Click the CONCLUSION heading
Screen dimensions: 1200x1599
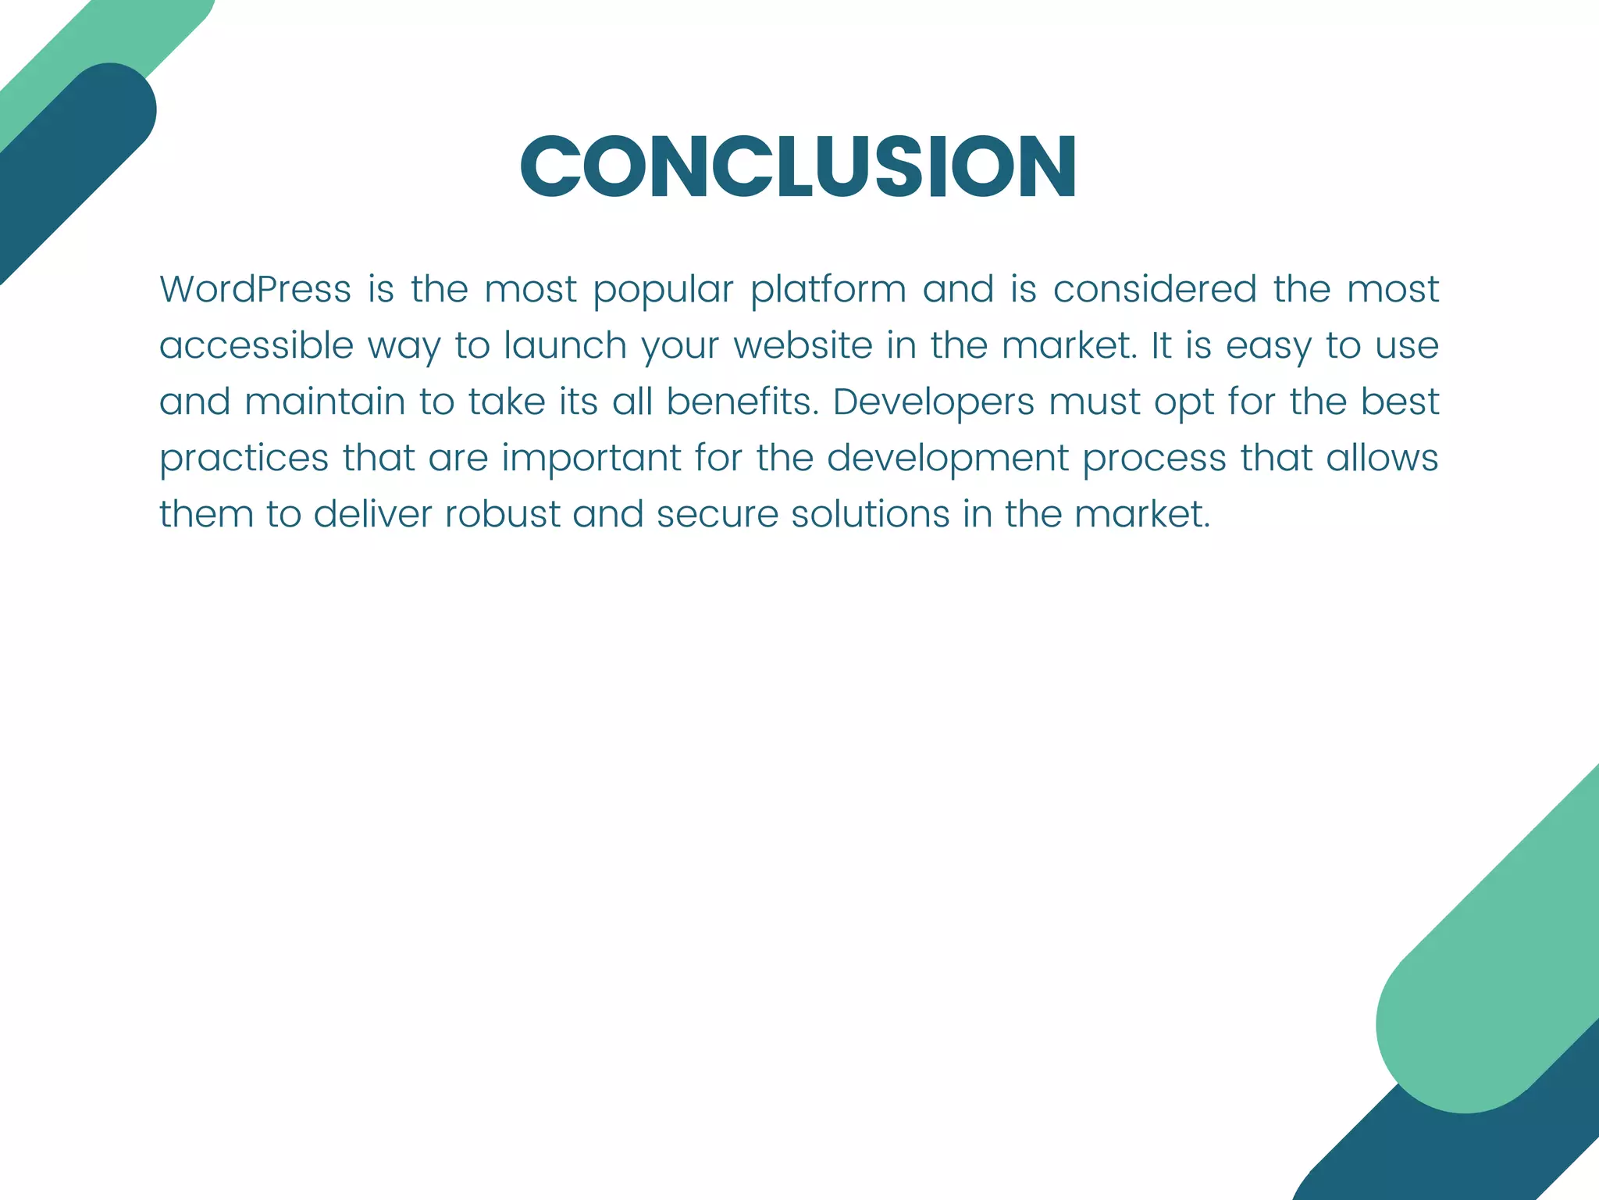coord(799,166)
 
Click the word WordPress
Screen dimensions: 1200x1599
coord(255,289)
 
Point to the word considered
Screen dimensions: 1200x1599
coord(1154,289)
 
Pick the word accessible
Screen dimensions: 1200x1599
coord(256,345)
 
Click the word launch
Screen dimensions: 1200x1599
coord(565,345)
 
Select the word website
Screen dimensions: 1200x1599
coord(803,345)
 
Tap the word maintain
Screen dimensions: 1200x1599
coord(325,402)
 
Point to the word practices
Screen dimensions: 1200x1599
coord(244,459)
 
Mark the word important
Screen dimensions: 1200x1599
coord(591,459)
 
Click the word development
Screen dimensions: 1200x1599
coord(947,459)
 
